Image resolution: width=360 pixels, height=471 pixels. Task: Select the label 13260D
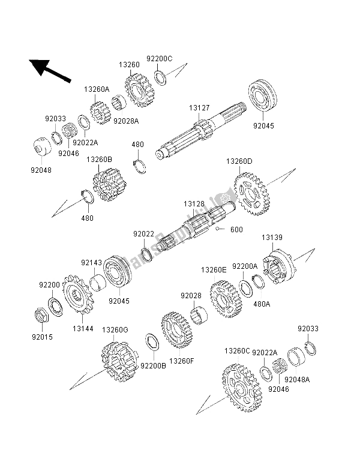[x=239, y=161]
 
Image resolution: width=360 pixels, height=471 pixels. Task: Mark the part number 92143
[x=91, y=261]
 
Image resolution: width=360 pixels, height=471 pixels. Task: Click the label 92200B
[x=152, y=364]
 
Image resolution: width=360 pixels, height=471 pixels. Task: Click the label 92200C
[x=161, y=59]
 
